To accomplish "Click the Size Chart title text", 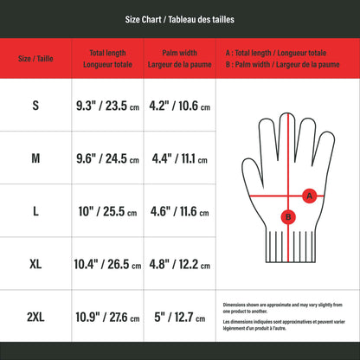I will click(180, 18).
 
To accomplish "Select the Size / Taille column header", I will click(35, 59).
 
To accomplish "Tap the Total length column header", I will click(107, 59).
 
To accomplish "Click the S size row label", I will click(35, 106).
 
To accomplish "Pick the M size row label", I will click(35, 158).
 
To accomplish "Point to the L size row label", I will click(35, 211).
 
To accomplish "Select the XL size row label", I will click(35, 263).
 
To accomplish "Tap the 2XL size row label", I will click(35, 316).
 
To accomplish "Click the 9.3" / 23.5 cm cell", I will click(107, 106).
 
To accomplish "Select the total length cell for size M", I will click(107, 158).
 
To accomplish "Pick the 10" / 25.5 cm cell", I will click(107, 211).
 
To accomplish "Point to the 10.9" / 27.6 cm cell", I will click(107, 316).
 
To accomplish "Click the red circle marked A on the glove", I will click(309, 196).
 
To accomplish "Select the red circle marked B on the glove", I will click(288, 217).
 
